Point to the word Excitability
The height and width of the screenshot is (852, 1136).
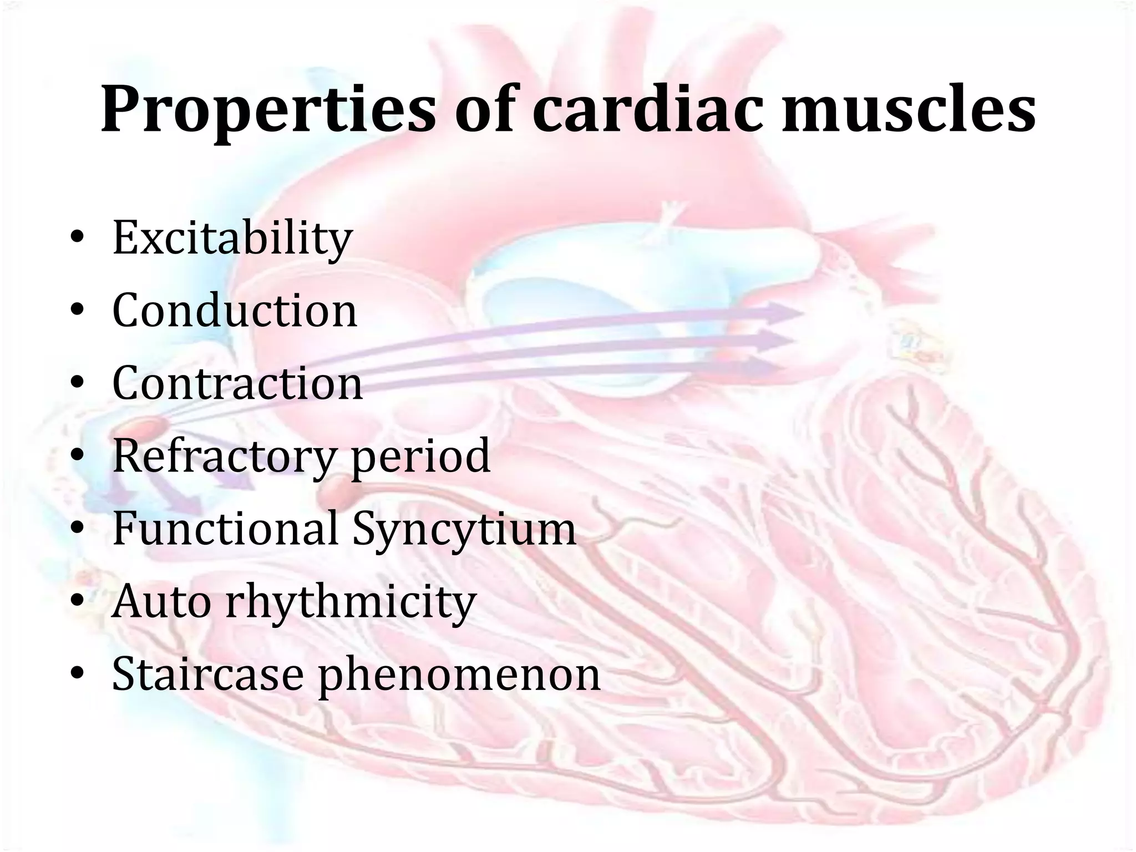pos(232,239)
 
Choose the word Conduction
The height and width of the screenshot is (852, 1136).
pos(235,310)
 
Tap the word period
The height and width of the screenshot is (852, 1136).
pos(421,456)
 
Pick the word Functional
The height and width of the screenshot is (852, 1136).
pos(225,528)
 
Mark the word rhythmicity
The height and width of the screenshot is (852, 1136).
pos(351,602)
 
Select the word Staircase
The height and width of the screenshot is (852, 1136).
pos(207,673)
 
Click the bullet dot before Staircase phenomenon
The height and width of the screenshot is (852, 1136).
pos(78,674)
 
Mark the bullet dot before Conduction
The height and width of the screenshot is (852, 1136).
pos(78,311)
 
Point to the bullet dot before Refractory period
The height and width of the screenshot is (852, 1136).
pos(78,457)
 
